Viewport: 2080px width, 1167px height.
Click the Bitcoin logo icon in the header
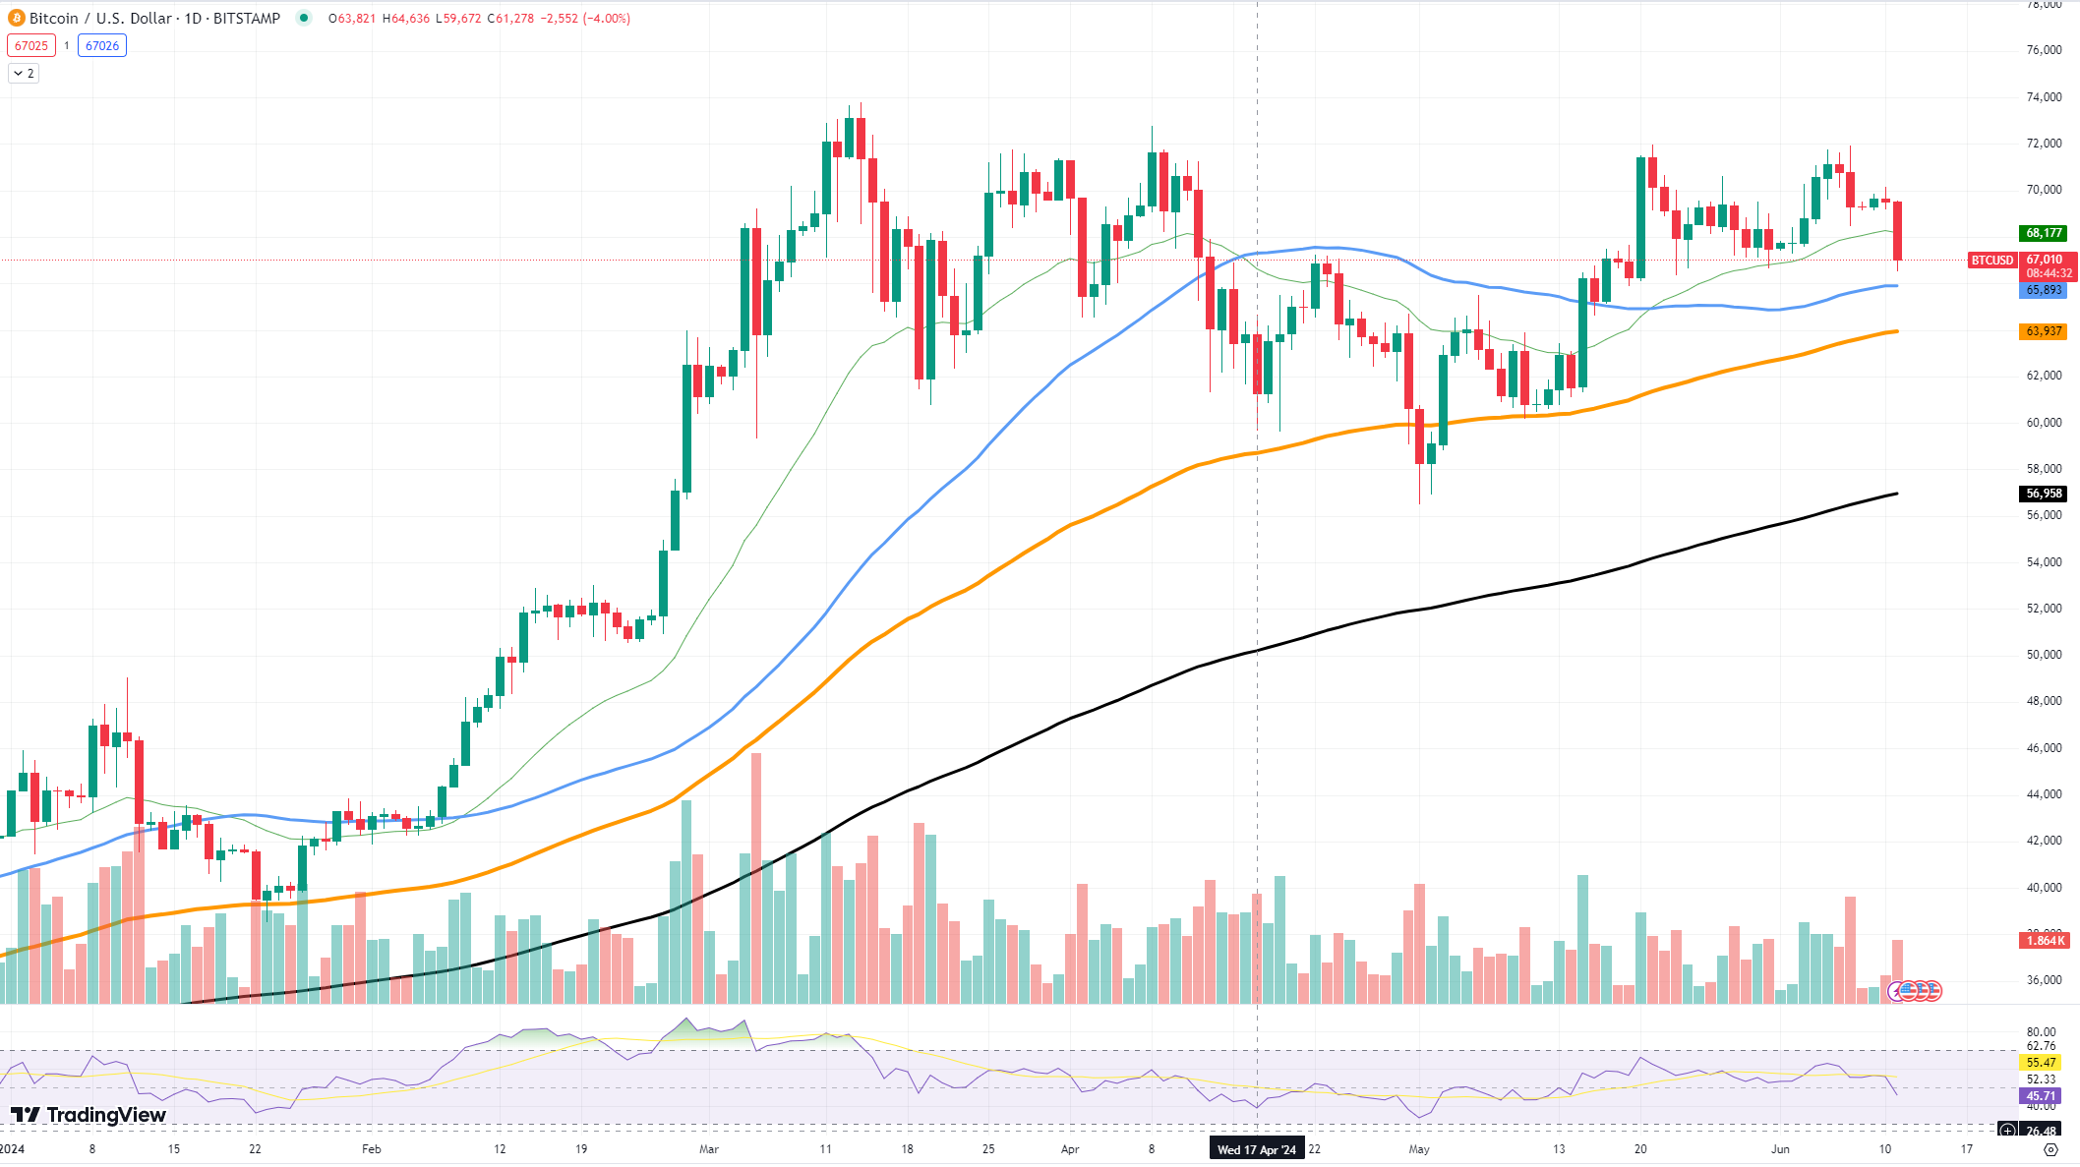16,18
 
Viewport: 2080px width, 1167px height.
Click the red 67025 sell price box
31,45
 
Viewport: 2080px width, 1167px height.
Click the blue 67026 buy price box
102,45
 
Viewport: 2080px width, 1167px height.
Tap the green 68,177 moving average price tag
2044,233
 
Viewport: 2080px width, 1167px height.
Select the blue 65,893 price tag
2044,290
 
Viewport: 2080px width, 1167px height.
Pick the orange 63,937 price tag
2044,331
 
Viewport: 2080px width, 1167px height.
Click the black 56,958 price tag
2044,494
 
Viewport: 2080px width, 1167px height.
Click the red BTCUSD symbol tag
1991,261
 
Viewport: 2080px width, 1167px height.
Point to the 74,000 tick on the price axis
2044,97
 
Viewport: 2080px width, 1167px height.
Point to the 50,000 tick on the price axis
2044,655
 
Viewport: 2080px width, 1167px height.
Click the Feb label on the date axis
371,1148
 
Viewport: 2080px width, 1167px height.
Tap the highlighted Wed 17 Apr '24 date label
1257,1149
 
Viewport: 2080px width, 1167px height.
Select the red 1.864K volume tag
2044,941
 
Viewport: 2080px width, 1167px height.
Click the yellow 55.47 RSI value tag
2041,1063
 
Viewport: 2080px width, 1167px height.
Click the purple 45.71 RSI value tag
2041,1095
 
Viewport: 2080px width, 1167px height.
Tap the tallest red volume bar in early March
756,875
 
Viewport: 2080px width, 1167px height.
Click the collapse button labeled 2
24,74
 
